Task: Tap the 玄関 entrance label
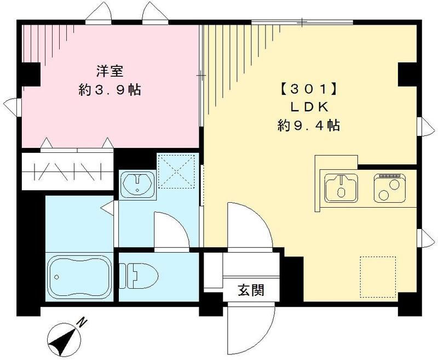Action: point(251,290)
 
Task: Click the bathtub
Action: point(79,277)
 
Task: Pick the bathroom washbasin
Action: point(138,185)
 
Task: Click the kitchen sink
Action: point(341,187)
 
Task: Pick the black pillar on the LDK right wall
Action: point(407,75)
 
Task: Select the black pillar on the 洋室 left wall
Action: point(30,75)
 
